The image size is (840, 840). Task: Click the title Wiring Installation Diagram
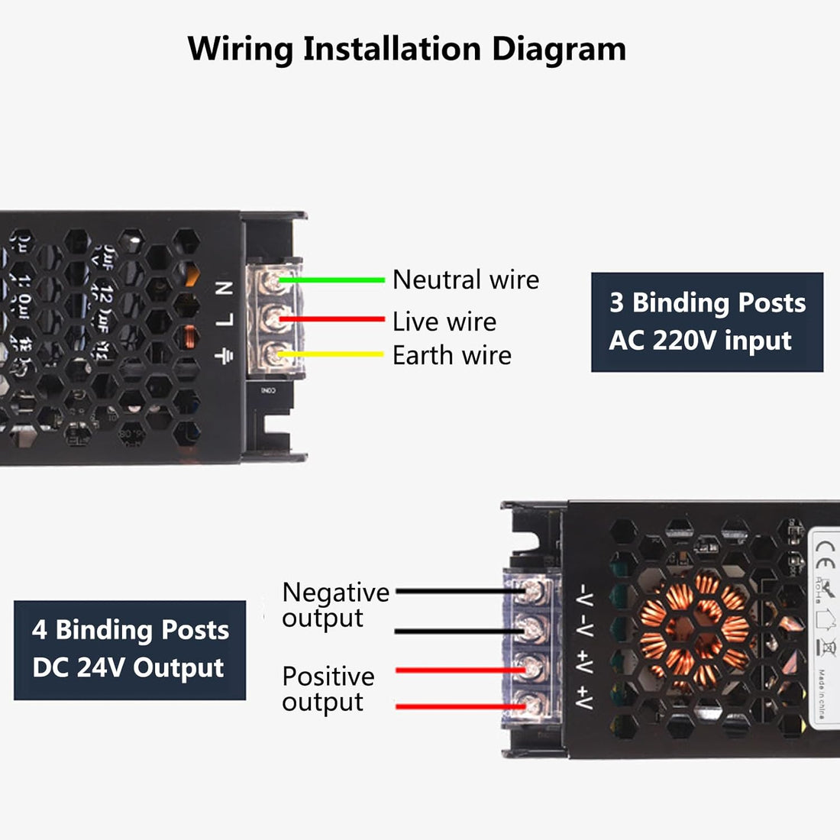pyautogui.click(x=406, y=49)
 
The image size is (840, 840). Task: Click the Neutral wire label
pyautogui.click(x=465, y=279)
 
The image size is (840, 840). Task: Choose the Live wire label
pyautogui.click(x=444, y=321)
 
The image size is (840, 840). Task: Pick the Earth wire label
pyautogui.click(x=451, y=355)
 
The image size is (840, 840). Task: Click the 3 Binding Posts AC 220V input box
pyautogui.click(x=706, y=321)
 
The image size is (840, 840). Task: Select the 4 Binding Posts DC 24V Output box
pyautogui.click(x=130, y=649)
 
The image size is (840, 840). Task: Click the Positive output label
pyautogui.click(x=328, y=689)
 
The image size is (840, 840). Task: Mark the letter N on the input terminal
pyautogui.click(x=225, y=288)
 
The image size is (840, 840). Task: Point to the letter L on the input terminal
pyautogui.click(x=225, y=320)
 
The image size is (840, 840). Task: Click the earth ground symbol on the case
pyautogui.click(x=224, y=355)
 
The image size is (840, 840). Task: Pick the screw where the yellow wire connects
pyautogui.click(x=271, y=354)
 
